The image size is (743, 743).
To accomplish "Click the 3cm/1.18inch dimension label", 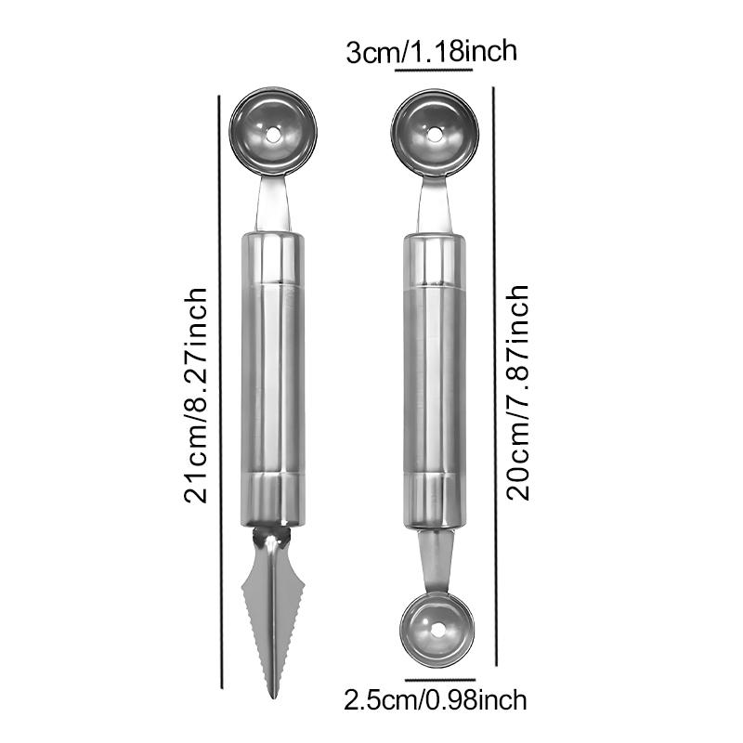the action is (x=431, y=52).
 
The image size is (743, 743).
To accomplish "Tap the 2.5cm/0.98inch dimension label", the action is (x=435, y=700).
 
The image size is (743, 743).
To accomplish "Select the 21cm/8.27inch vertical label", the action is (x=195, y=396).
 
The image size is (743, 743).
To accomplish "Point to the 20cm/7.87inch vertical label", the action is (x=517, y=392).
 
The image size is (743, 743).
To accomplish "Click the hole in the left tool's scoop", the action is (x=272, y=135).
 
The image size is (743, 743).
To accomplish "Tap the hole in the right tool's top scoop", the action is (x=435, y=134).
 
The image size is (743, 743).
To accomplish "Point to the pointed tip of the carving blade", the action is (x=273, y=697).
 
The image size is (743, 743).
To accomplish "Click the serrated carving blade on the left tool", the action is (x=273, y=612).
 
